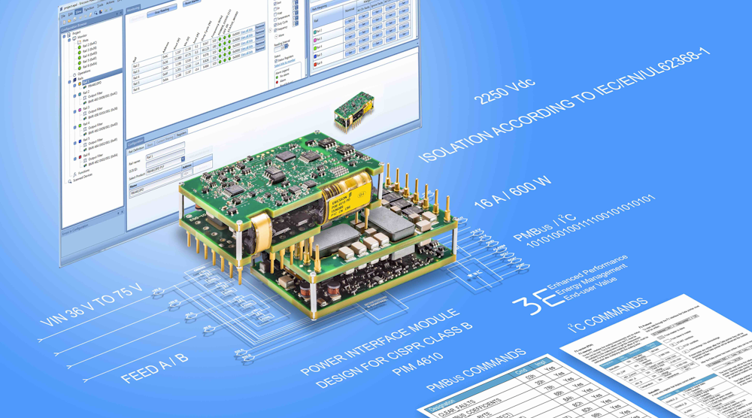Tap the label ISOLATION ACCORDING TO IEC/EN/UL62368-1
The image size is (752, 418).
point(564,109)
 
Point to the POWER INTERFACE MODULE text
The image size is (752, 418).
point(379,343)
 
